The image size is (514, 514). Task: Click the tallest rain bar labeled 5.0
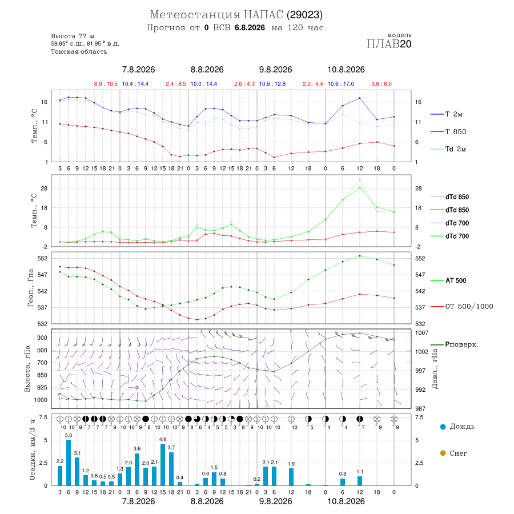(69, 463)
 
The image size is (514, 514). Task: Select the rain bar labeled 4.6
(163, 464)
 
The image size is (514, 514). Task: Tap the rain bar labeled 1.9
(291, 477)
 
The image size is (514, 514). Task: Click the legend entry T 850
(448, 132)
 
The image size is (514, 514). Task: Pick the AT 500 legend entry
(448, 280)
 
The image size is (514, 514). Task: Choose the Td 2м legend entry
(448, 149)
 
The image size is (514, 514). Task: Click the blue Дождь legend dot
(443, 427)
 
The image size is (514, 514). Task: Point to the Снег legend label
(458, 453)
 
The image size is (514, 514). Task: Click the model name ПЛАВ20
(389, 44)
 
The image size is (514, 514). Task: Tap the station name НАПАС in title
(263, 15)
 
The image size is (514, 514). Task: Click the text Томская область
(79, 51)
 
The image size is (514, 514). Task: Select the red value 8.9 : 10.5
(106, 84)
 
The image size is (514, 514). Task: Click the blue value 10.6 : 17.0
(341, 84)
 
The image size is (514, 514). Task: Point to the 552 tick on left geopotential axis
(43, 258)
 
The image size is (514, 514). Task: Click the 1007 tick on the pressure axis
(421, 333)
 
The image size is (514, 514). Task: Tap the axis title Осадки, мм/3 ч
(32, 450)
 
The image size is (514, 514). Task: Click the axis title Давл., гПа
(435, 368)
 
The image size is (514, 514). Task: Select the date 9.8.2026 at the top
(275, 70)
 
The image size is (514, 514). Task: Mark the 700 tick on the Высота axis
(42, 363)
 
